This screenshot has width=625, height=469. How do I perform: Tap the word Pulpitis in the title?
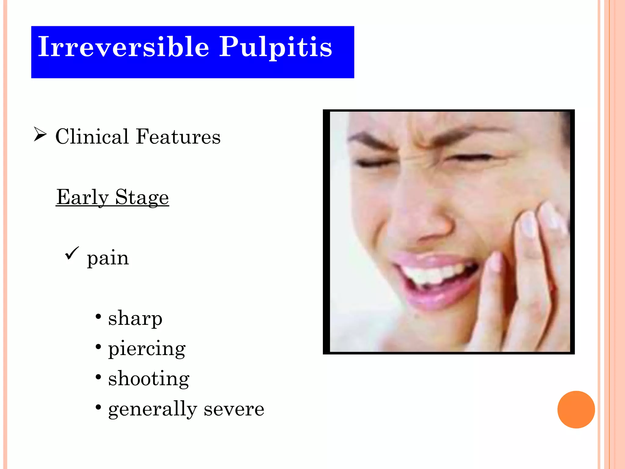coord(276,48)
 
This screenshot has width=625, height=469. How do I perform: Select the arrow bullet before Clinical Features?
coord(40,135)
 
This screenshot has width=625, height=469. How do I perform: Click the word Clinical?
coord(92,136)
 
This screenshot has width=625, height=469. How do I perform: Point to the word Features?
coord(178,136)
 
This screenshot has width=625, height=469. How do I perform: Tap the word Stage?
coord(142,197)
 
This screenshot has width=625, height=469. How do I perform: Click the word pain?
coord(108,258)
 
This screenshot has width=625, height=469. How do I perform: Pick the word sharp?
coord(135,318)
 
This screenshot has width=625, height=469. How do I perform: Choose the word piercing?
coord(146,349)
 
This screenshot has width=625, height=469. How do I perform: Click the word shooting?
coord(149,379)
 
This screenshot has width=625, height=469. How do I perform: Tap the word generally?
coord(152,409)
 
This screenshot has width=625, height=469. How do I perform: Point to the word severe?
coord(234,409)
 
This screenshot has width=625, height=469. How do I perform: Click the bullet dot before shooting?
coord(98,377)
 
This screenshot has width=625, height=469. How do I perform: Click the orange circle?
coord(576,409)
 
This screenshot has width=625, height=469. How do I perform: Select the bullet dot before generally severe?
coord(98,407)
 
